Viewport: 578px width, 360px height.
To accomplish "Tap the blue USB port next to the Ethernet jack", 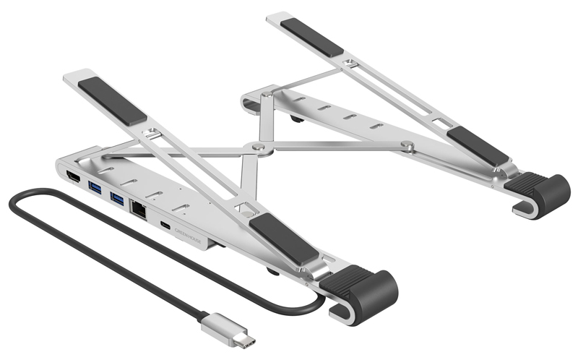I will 118,198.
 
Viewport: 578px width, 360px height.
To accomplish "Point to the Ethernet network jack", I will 139,208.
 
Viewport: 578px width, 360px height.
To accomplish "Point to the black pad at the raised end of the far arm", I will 311,37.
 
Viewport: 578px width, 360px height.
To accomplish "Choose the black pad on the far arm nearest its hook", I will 477,146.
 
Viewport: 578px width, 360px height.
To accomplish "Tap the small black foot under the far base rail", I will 296,115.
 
